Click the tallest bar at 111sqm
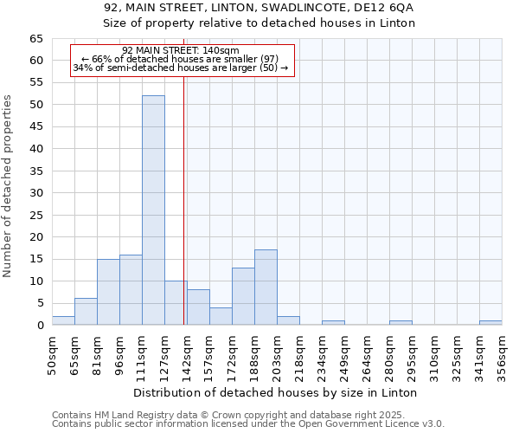tap(153, 210)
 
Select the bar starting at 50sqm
tap(63, 320)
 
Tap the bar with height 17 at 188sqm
tap(266, 288)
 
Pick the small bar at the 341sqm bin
tap(490, 323)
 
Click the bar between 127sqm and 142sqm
tap(176, 303)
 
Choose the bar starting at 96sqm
tap(131, 290)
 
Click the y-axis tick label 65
tap(35, 39)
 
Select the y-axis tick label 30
tap(35, 193)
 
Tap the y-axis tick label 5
tap(39, 303)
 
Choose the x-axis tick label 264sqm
tap(368, 353)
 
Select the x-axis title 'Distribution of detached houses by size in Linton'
tap(276, 392)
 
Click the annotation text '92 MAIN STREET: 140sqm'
tap(181, 51)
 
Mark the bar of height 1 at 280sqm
tap(400, 323)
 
